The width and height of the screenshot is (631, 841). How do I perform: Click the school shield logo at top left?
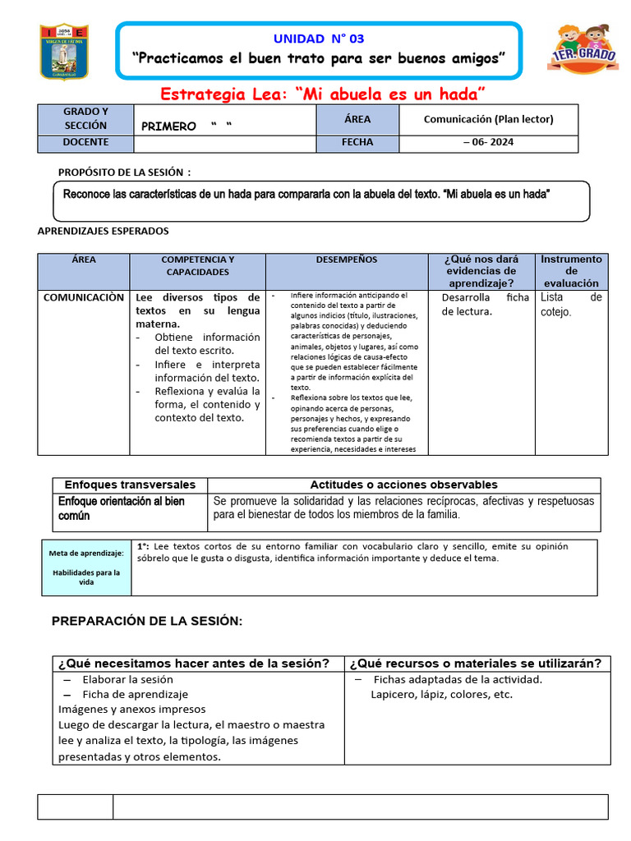click(64, 51)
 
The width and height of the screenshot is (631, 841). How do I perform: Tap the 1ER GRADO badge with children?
click(583, 51)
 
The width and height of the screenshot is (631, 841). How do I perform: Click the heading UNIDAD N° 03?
click(318, 39)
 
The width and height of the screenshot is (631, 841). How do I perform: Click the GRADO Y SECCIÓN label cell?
click(85, 119)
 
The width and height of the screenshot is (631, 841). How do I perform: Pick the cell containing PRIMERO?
click(223, 126)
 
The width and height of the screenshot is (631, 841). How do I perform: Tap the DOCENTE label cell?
click(85, 143)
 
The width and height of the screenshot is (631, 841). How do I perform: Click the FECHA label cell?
click(357, 143)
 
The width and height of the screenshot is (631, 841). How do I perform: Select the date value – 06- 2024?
click(488, 143)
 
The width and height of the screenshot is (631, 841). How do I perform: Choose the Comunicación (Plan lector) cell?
click(488, 119)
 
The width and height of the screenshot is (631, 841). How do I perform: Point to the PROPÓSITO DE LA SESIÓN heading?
click(124, 172)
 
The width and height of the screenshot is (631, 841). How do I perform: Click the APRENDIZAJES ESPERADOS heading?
click(104, 232)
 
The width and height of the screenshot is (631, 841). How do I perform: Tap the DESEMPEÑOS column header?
click(347, 260)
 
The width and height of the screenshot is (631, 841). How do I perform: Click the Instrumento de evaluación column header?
click(572, 270)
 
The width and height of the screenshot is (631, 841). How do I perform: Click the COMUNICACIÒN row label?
click(84, 297)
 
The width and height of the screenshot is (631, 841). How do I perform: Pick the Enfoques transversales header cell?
click(130, 485)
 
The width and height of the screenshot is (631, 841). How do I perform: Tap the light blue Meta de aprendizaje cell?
click(87, 568)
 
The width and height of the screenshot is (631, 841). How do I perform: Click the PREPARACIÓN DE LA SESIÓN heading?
click(147, 621)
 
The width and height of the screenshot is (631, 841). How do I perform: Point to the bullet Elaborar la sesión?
click(127, 679)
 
